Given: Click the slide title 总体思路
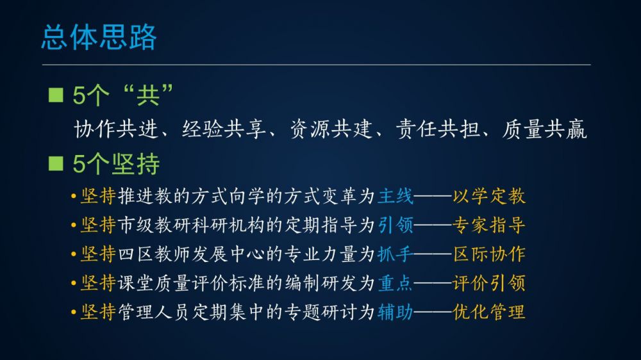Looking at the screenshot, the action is (99, 37).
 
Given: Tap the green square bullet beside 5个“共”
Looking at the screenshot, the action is (56, 95).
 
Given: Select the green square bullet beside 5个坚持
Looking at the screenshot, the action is (56, 163).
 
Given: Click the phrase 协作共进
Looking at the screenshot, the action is (116, 129).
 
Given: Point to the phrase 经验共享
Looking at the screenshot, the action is (224, 129).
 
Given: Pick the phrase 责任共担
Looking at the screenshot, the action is (438, 129).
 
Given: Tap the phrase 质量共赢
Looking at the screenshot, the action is (544, 129).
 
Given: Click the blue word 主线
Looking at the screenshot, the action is (395, 196).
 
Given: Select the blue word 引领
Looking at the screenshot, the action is (395, 225).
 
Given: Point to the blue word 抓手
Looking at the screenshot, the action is (395, 254).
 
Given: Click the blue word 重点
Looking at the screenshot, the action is (395, 283).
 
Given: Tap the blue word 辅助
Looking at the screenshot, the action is (395, 312).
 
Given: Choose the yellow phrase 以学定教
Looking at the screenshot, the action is (489, 196).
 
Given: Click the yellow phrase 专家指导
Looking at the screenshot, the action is (489, 225).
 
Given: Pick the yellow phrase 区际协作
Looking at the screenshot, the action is (489, 254).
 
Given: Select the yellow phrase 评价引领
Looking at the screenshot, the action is (489, 283).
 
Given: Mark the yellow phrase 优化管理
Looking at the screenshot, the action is (489, 312).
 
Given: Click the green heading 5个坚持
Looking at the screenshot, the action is (116, 164).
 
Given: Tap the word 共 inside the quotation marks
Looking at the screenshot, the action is (147, 95).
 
